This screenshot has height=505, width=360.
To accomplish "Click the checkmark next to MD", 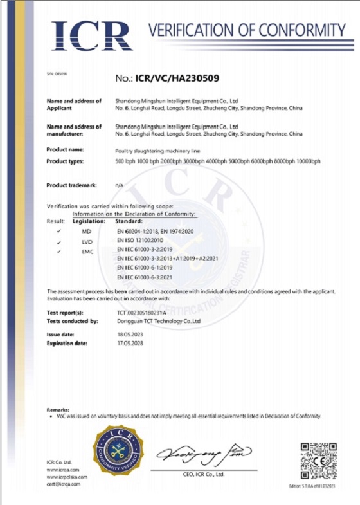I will point(59,230).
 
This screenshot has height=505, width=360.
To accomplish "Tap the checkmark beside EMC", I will point(59,251).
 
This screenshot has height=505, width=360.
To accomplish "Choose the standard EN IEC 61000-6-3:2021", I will point(145,276).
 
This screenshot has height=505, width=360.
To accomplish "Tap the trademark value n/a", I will point(119,185).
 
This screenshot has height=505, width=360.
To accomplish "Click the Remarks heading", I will point(59,410).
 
